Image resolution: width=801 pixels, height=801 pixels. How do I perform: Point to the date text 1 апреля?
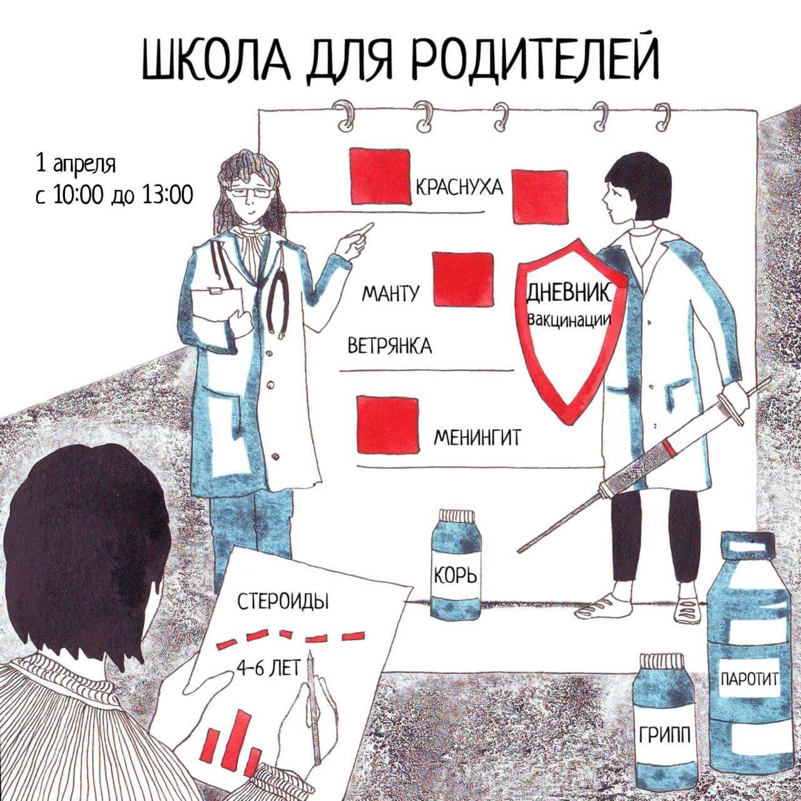76,165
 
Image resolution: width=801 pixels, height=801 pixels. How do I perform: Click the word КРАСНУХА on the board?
459,187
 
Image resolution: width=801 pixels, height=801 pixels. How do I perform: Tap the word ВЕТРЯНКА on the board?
389,345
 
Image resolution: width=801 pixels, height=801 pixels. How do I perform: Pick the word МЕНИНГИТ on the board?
477,437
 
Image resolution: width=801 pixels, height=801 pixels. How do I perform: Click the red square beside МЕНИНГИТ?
387,424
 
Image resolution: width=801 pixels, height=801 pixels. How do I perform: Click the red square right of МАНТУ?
462,279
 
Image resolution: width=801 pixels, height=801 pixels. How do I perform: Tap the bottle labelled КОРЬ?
456,563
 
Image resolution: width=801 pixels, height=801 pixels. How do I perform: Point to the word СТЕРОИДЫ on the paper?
283,603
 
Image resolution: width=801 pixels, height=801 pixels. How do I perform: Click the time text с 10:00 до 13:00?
114,195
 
